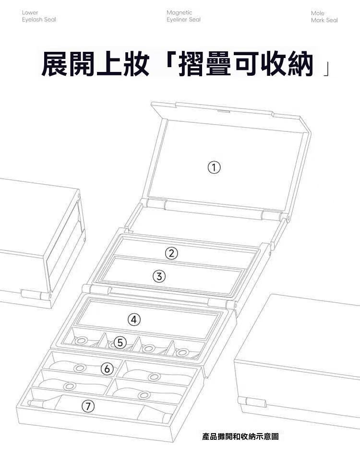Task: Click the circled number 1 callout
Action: coord(214,167)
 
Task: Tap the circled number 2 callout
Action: coord(171,253)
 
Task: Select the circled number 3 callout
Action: coord(159,276)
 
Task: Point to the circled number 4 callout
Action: coord(134,319)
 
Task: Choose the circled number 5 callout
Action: coord(120,342)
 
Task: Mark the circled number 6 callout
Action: coord(107,368)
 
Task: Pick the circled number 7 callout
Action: coord(88,406)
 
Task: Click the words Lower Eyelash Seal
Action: coord(39,16)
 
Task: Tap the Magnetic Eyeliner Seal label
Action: coord(184,16)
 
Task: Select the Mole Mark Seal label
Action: coord(324,17)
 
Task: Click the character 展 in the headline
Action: coord(55,64)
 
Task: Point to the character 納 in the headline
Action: coord(300,64)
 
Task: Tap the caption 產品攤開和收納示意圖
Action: coord(240,436)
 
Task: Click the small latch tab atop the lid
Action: coord(224,111)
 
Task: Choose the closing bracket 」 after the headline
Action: coord(325,70)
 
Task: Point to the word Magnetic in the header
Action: coord(179,12)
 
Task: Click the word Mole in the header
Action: coord(318,13)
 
